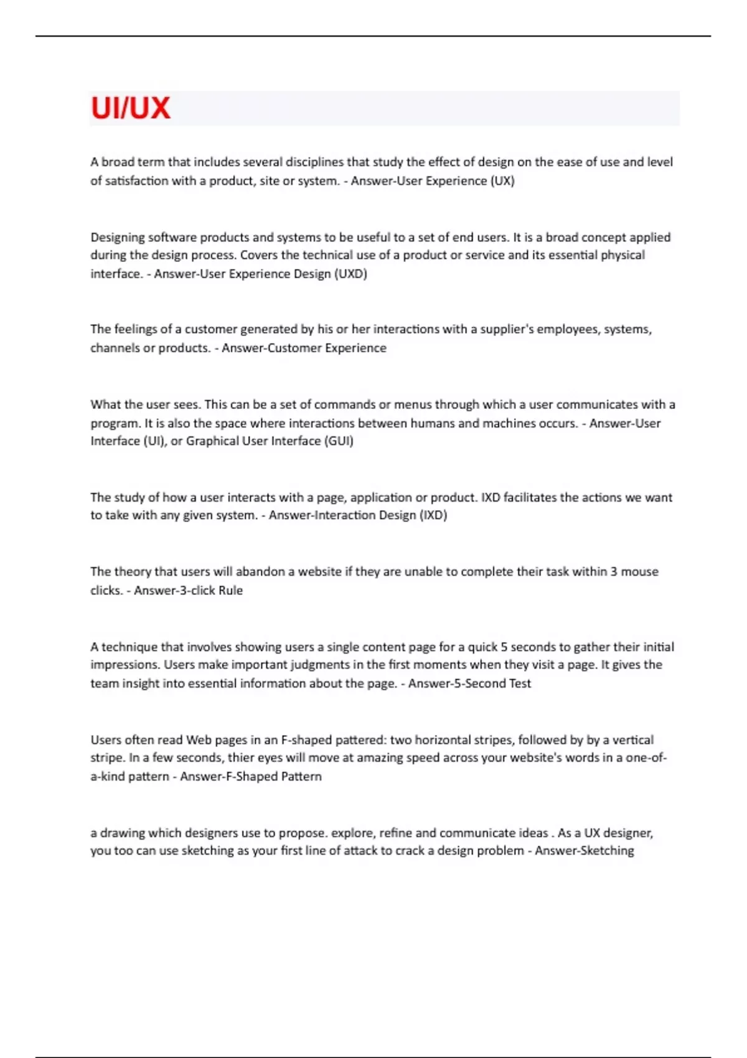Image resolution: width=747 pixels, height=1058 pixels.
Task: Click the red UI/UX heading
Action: [130, 108]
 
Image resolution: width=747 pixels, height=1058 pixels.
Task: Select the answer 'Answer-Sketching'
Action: [584, 851]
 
